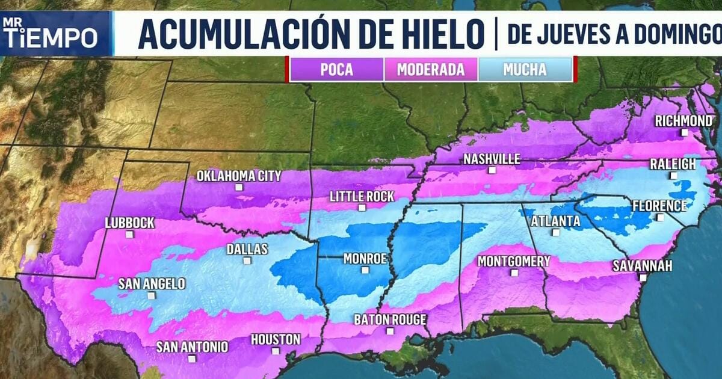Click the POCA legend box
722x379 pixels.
point(336,69)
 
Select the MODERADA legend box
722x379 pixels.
point(431,69)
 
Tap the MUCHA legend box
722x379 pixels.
point(525,69)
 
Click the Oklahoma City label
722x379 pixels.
point(239,176)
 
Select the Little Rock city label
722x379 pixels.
point(362,196)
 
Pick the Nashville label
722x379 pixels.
point(492,159)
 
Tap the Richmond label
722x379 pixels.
point(683,121)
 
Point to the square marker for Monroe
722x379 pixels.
point(365,270)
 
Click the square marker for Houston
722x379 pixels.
point(275,351)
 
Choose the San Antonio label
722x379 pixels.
point(192,347)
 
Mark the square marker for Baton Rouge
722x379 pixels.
point(390,331)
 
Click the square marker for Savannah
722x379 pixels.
point(643,277)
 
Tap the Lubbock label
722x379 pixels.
point(129,223)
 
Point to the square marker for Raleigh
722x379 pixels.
point(673,176)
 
